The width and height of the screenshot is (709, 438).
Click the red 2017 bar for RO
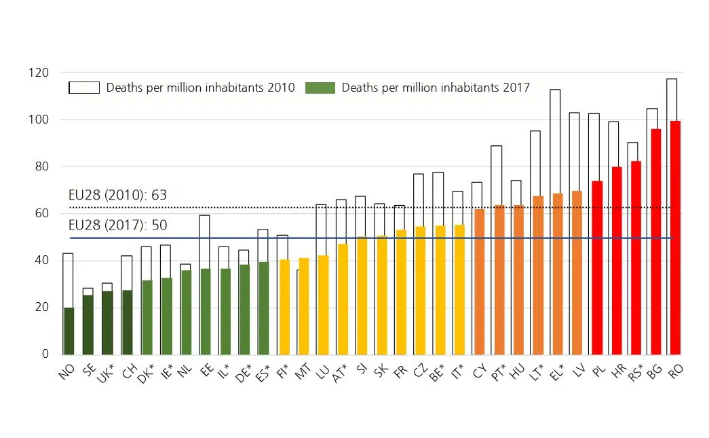pyautogui.click(x=675, y=238)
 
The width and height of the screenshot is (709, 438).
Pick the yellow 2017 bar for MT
pyautogui.click(x=304, y=306)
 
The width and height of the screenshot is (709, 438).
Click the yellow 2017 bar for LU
pyautogui.click(x=323, y=305)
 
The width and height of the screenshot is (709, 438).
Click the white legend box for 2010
pyautogui.click(x=84, y=88)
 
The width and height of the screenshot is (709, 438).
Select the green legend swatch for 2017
pyautogui.click(x=320, y=88)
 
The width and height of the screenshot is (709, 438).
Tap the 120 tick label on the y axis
pyautogui.click(x=39, y=73)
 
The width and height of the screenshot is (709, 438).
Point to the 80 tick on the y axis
pyautogui.click(x=42, y=166)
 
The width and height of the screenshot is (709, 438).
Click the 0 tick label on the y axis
pyautogui.click(x=45, y=354)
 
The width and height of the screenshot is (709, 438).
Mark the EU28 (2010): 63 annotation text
pyautogui.click(x=118, y=196)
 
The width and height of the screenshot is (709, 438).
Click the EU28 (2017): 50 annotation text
pyautogui.click(x=118, y=225)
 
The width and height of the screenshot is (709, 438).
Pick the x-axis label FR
pyautogui.click(x=402, y=371)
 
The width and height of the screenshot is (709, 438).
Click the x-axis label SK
pyautogui.click(x=382, y=371)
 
